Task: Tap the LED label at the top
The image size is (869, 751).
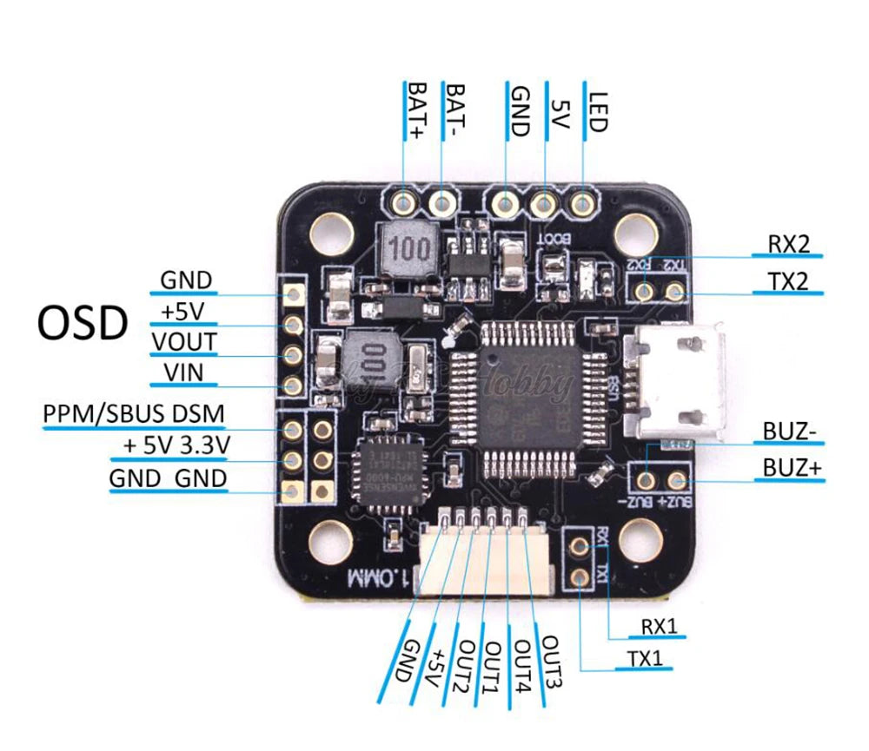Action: coord(597,111)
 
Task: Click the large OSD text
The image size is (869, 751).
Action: coord(83,324)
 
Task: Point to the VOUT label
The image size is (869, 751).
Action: coord(183,341)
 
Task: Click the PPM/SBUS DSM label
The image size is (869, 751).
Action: coord(133,414)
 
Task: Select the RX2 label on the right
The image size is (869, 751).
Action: coord(788,244)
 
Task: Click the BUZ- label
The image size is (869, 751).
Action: coord(791,431)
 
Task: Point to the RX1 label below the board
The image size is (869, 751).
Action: coord(659,625)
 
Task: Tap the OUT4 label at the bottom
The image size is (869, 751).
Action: coord(523,667)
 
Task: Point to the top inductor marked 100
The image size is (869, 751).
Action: coord(408,248)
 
